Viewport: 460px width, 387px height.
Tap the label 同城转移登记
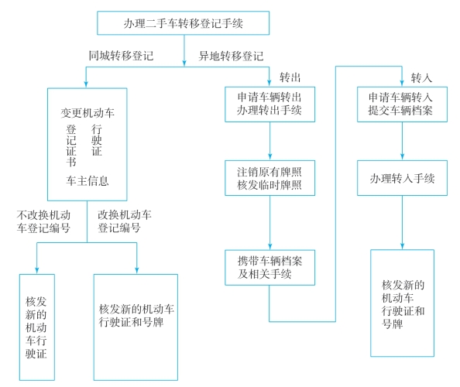tap(121, 56)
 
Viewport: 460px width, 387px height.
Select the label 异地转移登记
tap(232, 56)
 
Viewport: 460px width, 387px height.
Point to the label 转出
tap(290, 77)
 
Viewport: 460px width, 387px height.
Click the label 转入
tap(421, 78)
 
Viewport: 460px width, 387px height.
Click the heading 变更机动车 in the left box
tap(88, 113)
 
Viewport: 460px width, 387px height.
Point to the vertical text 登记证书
tap(71, 146)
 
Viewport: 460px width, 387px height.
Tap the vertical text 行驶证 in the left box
tap(97, 140)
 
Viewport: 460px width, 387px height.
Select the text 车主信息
tap(88, 180)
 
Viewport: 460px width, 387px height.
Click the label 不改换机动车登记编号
tap(43, 221)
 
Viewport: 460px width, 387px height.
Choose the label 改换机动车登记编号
tap(125, 221)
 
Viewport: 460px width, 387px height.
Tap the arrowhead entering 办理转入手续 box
tap(402, 157)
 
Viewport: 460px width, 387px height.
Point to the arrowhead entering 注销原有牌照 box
tap(270, 157)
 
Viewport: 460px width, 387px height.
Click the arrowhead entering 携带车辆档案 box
tap(270, 246)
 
